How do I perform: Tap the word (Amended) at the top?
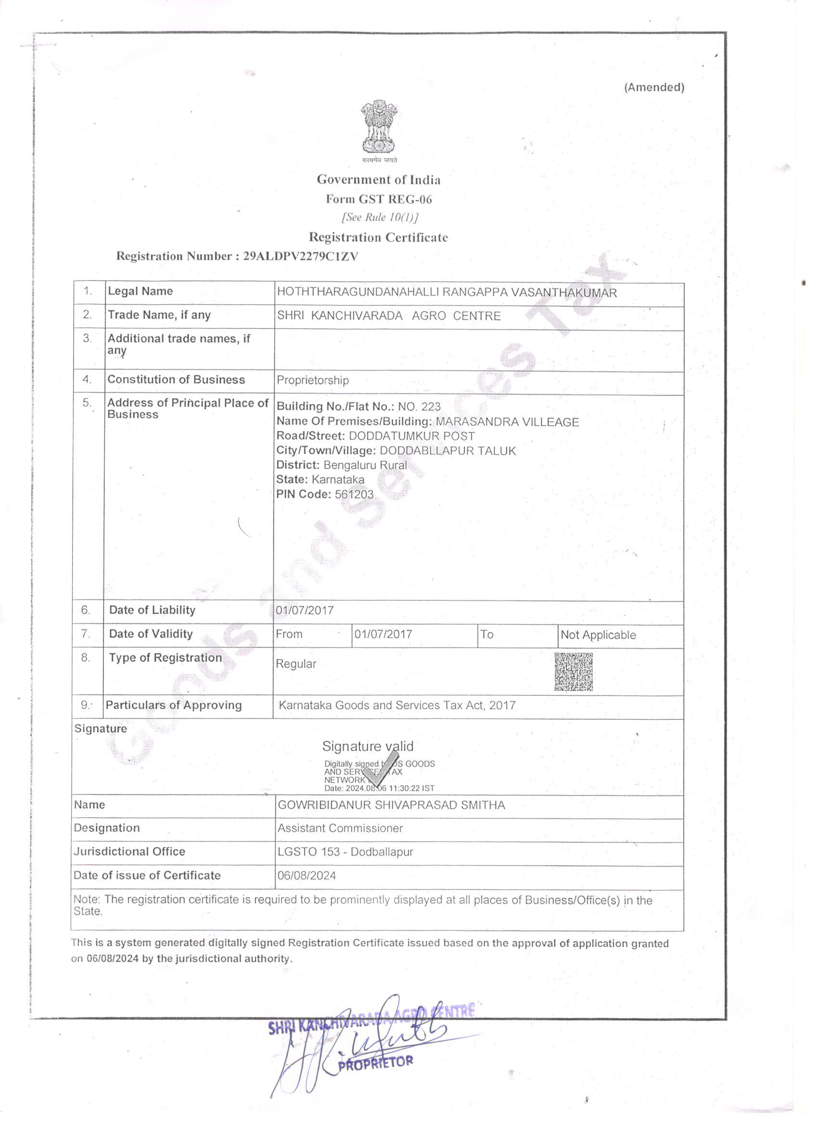[654, 87]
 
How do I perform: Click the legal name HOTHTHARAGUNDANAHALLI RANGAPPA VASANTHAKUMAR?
[447, 292]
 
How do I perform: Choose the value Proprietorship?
[312, 380]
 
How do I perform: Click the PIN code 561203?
[354, 494]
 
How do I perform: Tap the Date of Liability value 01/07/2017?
[305, 610]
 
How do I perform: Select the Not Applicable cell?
[598, 635]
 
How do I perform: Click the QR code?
[573, 672]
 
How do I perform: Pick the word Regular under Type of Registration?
[295, 664]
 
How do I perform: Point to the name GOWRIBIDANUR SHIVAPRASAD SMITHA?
[391, 805]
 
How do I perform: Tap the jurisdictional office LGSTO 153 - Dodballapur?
[345, 852]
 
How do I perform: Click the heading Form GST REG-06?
[379, 199]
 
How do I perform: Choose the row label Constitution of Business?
[176, 380]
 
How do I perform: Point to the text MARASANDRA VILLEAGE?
[507, 422]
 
